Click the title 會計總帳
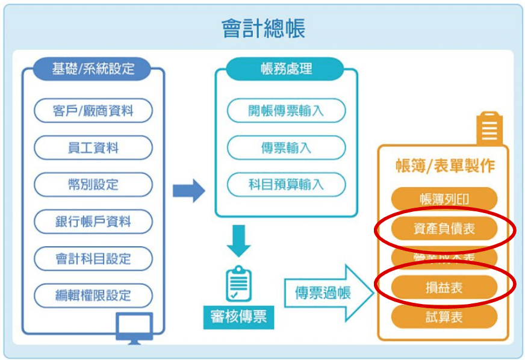click(x=262, y=28)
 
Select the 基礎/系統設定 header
click(x=93, y=69)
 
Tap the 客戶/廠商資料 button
click(x=93, y=111)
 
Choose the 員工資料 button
click(x=93, y=147)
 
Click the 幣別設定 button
click(x=93, y=184)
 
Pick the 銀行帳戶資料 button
click(x=93, y=222)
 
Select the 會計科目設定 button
click(x=93, y=259)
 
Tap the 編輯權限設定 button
click(x=93, y=296)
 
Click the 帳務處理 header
click(x=286, y=69)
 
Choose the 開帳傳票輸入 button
click(x=286, y=111)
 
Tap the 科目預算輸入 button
click(x=286, y=184)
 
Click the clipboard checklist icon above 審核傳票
click(x=238, y=283)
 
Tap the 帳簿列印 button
click(x=444, y=199)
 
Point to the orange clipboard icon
click(x=489, y=128)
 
